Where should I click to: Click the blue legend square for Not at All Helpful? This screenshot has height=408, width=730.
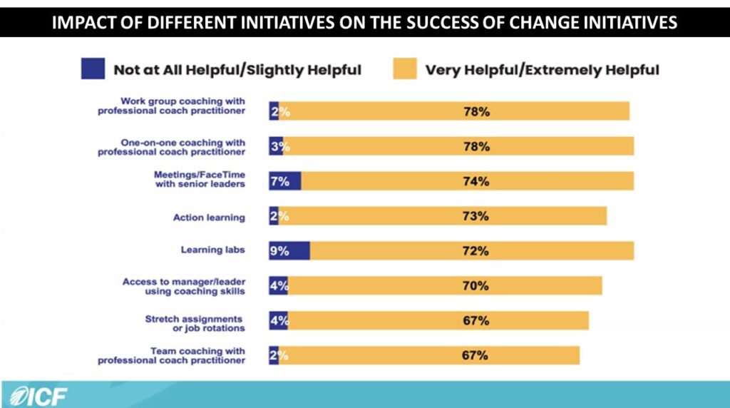tap(93, 68)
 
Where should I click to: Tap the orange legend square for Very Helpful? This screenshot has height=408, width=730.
tap(403, 68)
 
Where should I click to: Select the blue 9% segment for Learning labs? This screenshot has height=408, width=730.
tap(289, 251)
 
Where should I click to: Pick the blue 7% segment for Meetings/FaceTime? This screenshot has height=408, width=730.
tap(284, 181)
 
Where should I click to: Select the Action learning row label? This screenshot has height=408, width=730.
tap(209, 217)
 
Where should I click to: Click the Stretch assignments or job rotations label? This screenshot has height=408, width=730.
tap(195, 323)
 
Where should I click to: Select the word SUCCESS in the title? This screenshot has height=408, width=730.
tap(456, 23)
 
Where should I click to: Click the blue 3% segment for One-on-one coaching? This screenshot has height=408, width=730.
tap(275, 146)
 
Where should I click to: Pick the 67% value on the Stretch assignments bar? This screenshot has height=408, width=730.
tap(475, 321)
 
